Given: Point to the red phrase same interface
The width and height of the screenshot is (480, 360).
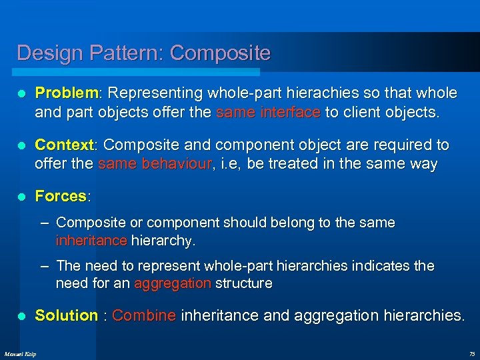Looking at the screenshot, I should tap(268, 112).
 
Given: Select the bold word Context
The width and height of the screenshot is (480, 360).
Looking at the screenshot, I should tap(65, 145).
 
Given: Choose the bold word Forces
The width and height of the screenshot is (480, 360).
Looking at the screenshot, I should tap(61, 196).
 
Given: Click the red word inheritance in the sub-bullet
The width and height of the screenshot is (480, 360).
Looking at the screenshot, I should tap(92, 239).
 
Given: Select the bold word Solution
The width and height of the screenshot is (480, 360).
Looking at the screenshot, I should tap(66, 315).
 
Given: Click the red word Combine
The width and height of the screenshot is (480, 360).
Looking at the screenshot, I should tap(144, 315).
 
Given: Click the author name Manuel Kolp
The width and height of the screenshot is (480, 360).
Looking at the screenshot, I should tap(21, 353).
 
